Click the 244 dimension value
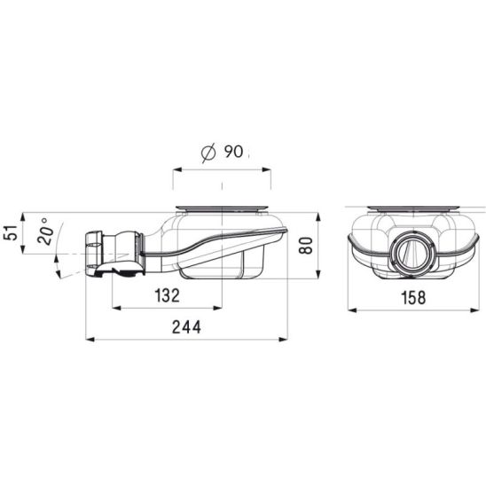pos(186,327)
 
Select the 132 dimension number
pos(167,295)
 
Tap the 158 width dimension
pos(413,298)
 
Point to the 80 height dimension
pos(306,245)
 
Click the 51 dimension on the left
pos(11,232)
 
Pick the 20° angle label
pos(44,231)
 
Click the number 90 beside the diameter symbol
pos(233,152)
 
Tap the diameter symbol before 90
pos(208,153)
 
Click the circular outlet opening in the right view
pos(412,254)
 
